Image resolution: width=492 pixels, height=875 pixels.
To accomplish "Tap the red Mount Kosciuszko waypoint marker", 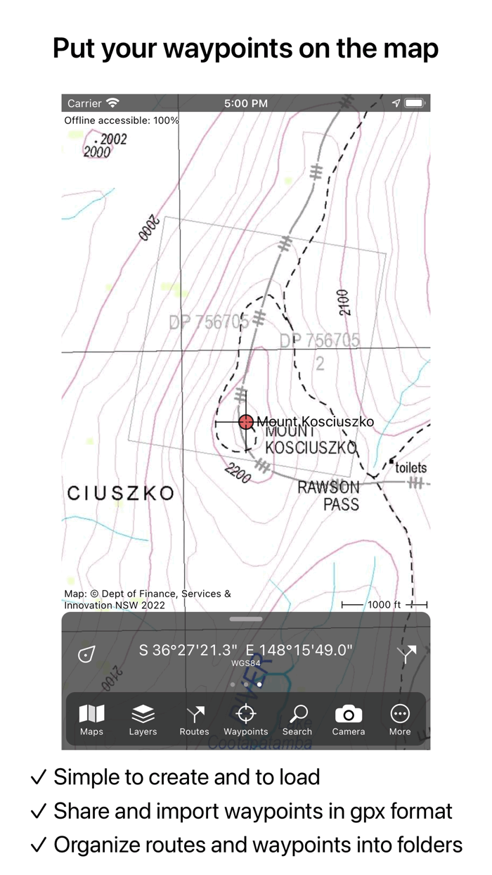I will coord(245,422).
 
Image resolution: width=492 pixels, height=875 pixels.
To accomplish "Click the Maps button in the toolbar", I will coord(91,720).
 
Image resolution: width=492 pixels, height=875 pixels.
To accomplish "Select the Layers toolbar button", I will coord(143,720).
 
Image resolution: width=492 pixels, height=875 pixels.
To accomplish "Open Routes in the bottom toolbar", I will coord(194,720).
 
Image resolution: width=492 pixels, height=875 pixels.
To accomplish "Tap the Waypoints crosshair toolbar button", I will coord(245,720).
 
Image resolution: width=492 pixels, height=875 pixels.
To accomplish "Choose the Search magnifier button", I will coord(297,720).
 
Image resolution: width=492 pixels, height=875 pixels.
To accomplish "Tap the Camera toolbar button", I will coord(349,720).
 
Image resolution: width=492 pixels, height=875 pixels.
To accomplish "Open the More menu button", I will coord(400,720).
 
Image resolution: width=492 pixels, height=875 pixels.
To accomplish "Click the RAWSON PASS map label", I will coord(329,495).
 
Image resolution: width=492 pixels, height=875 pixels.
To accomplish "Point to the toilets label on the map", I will coord(410,468).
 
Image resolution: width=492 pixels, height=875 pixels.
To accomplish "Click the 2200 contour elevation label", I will coord(238,475).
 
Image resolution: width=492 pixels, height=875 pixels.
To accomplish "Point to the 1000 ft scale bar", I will coord(384,605).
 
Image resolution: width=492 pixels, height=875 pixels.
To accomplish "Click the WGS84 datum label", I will coord(245,663).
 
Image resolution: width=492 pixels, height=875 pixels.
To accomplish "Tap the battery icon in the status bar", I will coord(415,103).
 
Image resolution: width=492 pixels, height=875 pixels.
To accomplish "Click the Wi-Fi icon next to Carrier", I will coord(112,103).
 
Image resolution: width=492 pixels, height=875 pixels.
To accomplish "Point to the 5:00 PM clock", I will coord(245,103).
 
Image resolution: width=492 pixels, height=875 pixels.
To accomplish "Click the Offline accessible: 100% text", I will coord(122,120).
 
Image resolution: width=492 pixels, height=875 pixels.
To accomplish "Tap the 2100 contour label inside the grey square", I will coord(343,302).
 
